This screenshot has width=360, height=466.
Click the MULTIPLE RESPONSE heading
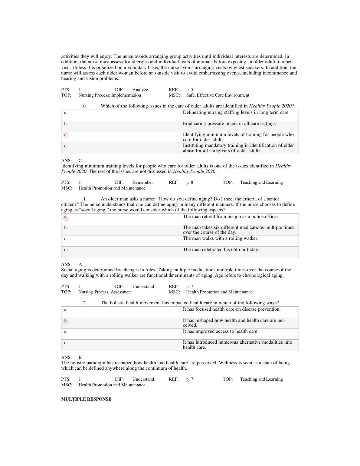click(x=86, y=399)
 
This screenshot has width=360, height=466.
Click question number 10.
click(x=84, y=106)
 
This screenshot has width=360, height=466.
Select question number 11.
click(x=84, y=199)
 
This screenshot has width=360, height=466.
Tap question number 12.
click(x=84, y=303)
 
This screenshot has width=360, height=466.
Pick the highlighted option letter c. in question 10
click(x=66, y=135)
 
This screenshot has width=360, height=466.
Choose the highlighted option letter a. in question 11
click(x=66, y=217)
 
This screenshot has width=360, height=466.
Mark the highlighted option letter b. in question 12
click(x=66, y=321)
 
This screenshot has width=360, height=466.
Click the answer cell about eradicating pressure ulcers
click(x=229, y=124)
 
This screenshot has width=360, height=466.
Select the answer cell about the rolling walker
click(x=221, y=238)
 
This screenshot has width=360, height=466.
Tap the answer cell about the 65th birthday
click(x=221, y=250)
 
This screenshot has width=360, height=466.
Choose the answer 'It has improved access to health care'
click(x=221, y=331)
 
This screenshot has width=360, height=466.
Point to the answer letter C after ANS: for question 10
click(x=80, y=160)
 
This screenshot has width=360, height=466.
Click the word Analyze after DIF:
click(x=140, y=90)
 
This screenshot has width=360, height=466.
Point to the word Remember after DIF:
click(x=142, y=182)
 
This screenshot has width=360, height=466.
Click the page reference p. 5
click(x=190, y=90)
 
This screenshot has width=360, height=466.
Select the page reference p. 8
click(x=190, y=182)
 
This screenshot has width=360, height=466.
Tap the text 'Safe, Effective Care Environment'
click(x=218, y=95)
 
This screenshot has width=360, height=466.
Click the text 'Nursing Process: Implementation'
click(x=110, y=95)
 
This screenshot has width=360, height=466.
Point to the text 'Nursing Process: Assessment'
click(x=105, y=292)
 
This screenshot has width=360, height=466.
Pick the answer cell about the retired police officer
click(x=231, y=216)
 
